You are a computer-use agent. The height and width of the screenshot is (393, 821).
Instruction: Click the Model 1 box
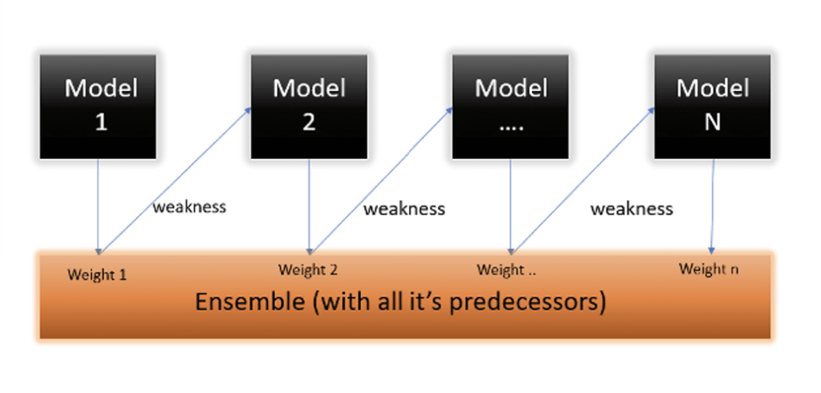[98, 107]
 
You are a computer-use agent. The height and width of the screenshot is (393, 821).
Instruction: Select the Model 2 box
[309, 107]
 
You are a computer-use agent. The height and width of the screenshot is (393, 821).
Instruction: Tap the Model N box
[712, 107]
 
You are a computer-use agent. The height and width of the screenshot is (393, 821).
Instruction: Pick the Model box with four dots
[511, 107]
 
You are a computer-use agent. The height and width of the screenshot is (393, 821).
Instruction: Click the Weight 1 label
[97, 274]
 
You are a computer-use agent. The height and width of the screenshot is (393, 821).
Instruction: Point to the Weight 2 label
[308, 270]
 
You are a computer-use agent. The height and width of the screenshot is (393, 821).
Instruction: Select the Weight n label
[709, 269]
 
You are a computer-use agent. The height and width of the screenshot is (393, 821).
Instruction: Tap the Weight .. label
[507, 270]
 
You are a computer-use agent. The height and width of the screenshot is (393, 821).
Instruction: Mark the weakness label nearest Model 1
[189, 206]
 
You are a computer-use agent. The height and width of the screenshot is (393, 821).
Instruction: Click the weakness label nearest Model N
[632, 209]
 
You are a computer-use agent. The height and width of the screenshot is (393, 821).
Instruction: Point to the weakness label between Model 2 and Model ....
[404, 209]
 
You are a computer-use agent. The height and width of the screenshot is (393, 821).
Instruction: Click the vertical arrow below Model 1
[98, 206]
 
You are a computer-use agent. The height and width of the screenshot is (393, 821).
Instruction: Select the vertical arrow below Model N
[713, 206]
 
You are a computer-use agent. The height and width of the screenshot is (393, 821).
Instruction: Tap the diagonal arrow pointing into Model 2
[175, 180]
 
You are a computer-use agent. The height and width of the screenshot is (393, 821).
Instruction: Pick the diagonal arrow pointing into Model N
[584, 180]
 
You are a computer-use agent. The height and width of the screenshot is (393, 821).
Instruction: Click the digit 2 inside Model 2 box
[309, 123]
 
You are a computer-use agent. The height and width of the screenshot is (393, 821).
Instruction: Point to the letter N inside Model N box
[713, 123]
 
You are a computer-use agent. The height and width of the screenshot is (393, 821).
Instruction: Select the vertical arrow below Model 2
[309, 206]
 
